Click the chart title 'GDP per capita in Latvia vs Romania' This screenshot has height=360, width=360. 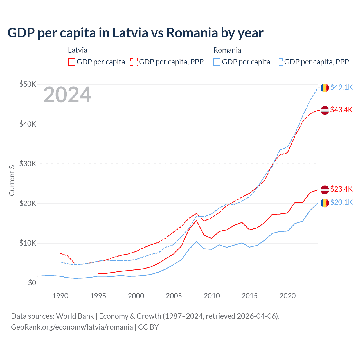[135, 33]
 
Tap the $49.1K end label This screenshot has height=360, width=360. [341, 87]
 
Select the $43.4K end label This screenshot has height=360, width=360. [341, 110]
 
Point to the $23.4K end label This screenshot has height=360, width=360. [341, 189]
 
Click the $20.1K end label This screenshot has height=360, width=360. [341, 202]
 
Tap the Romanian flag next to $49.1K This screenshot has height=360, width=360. [325, 88]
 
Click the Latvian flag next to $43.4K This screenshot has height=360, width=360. [325, 110]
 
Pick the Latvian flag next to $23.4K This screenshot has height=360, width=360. [325, 190]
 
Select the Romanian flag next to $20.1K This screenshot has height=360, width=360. [325, 203]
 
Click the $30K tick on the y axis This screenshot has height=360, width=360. [28, 164]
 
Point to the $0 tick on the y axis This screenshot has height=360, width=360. [32, 283]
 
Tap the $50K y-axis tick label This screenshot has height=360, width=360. [28, 84]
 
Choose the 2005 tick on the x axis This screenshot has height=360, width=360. [174, 296]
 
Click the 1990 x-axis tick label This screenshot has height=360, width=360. [60, 296]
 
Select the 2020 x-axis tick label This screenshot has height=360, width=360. [287, 296]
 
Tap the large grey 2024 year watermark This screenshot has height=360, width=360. [67, 95]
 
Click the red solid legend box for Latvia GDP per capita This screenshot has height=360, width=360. [72, 62]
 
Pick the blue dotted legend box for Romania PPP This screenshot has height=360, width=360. [279, 62]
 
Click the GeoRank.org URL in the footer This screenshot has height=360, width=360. [72, 327]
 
